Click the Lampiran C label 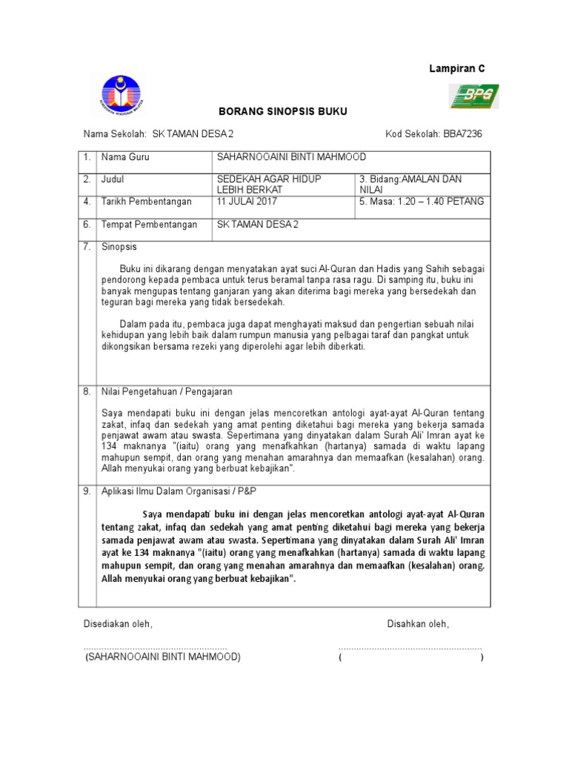[x=458, y=68]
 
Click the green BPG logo [x=475, y=96]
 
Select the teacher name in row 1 [x=290, y=157]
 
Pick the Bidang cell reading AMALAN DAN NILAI [x=419, y=185]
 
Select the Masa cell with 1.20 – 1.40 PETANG [x=421, y=202]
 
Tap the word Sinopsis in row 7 [x=119, y=246]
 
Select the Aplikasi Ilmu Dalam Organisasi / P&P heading [x=178, y=491]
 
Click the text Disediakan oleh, [x=118, y=624]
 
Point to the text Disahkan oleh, [x=418, y=624]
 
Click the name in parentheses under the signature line [x=162, y=657]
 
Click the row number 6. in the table [x=87, y=225]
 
